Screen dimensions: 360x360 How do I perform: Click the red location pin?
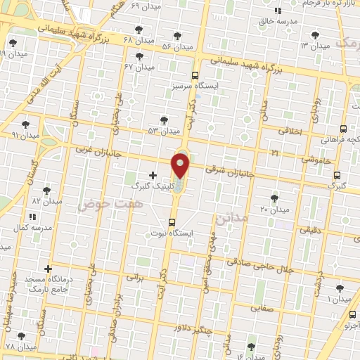[181, 166]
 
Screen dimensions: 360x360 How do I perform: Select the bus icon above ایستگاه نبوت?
[171, 222]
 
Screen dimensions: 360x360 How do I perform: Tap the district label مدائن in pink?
[231, 219]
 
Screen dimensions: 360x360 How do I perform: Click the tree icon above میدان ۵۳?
[164, 120]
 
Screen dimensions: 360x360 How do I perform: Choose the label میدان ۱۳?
[315, 46]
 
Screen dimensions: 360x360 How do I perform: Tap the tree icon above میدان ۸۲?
[46, 191]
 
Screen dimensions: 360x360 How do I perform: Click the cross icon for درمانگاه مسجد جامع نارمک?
[48, 269]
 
